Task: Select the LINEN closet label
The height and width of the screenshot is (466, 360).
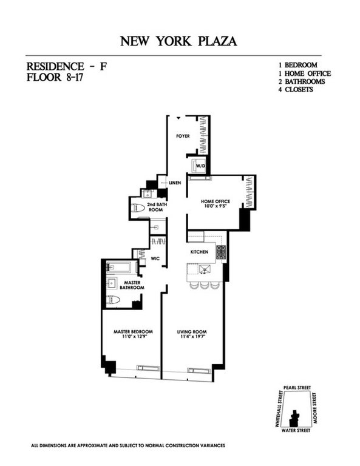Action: (176, 183)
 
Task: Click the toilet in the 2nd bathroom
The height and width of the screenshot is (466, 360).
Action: (139, 208)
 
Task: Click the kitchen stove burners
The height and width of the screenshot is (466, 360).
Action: (221, 252)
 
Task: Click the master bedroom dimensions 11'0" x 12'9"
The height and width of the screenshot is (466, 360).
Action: (133, 337)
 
